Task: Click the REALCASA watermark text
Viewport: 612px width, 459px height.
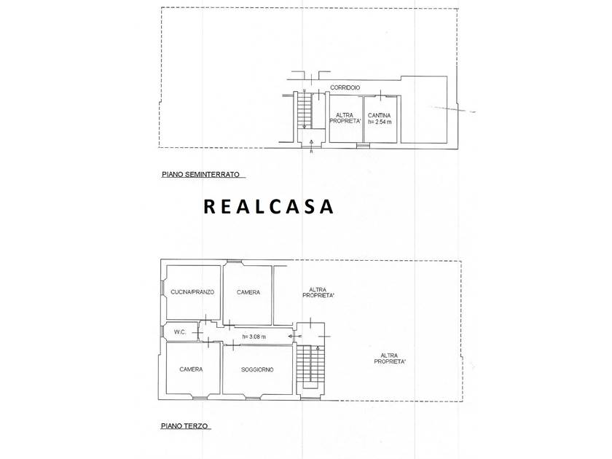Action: pos(269,207)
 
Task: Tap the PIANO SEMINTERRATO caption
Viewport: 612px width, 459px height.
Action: pos(200,175)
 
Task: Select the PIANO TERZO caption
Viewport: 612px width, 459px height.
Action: pos(184,425)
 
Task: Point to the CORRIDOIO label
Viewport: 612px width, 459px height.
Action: pos(345,88)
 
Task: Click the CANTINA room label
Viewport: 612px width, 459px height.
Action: pos(379,116)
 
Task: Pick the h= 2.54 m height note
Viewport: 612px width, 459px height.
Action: pos(380,122)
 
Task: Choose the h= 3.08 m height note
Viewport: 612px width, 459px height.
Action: pos(254,337)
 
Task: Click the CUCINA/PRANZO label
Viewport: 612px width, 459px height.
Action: pos(193,292)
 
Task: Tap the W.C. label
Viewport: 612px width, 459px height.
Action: pos(179,332)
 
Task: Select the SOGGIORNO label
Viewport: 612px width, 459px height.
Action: pos(257,369)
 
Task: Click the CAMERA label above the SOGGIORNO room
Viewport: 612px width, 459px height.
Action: pos(248,292)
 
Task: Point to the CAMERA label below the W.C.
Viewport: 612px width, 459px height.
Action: pos(191,369)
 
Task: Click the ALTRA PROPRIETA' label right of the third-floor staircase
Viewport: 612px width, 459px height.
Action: pos(389,358)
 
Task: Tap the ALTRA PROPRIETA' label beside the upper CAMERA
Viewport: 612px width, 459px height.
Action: pos(318,293)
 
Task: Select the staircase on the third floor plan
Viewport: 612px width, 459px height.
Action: pos(310,366)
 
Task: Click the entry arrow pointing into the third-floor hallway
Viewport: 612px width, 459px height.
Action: pos(294,336)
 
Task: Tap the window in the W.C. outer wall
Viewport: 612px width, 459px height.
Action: pos(162,331)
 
